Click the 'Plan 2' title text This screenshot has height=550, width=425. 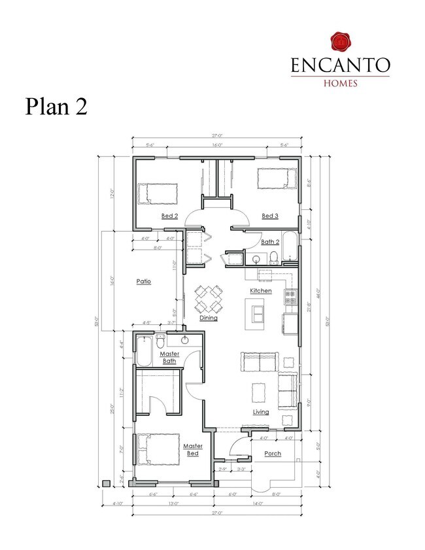(x=56, y=106)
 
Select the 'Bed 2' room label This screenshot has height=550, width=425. (x=169, y=215)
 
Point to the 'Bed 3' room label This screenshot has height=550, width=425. (x=270, y=215)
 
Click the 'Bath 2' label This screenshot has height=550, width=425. (x=270, y=241)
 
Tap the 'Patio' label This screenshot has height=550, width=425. (x=144, y=281)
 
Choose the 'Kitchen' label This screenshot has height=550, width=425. (x=261, y=290)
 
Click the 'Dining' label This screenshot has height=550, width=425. (x=209, y=318)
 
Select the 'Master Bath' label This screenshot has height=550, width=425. (x=169, y=357)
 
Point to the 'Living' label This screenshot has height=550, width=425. (x=261, y=412)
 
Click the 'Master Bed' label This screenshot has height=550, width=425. (x=192, y=449)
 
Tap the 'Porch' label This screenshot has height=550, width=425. (x=273, y=453)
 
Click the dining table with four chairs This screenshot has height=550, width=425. (x=208, y=299)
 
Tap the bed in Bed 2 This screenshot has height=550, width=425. (x=158, y=193)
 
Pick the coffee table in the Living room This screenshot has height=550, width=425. (x=260, y=391)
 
